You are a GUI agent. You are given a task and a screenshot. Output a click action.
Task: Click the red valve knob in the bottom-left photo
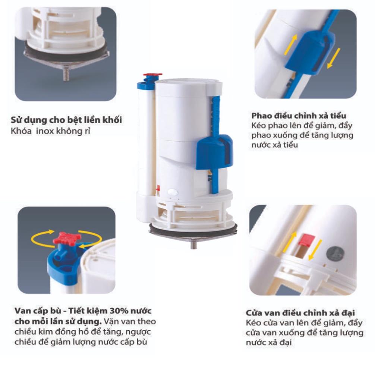pos(67,237)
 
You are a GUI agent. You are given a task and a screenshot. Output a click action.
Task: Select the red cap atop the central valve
pos(152,75)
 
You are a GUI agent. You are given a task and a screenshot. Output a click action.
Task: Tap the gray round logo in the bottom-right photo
pos(335,255)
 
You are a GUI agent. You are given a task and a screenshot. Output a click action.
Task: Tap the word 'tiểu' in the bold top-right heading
pos(337,116)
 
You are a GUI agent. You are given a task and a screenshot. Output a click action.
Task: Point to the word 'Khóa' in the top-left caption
pos(21,131)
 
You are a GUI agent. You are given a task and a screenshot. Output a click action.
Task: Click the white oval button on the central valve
pos(172,192)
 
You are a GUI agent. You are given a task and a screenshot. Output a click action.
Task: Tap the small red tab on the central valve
pos(158,189)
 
